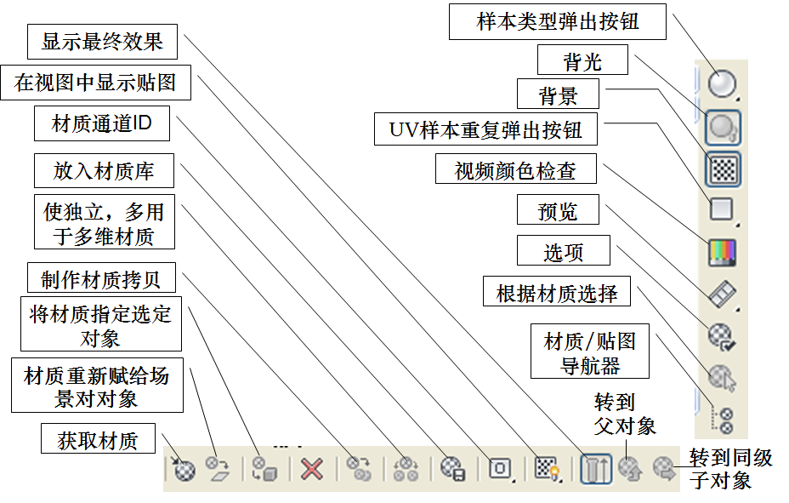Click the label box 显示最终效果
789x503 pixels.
pos(102,42)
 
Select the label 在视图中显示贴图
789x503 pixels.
pos(95,83)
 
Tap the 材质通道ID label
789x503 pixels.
pos(102,124)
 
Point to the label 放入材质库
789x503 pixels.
pos(104,171)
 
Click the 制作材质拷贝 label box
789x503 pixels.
pos(101,278)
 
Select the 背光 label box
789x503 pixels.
pos(582,61)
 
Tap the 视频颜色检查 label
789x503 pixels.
pos(515,170)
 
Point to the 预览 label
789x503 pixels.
pos(558,211)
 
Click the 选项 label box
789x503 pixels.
pos(564,253)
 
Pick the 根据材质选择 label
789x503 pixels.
pos(557,294)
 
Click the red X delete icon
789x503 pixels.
pos(312,468)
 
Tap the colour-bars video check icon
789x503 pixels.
pos(721,252)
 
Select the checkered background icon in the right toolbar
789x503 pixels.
pos(722,169)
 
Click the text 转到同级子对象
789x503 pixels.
pos(730,469)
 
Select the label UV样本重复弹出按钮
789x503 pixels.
pos(486,130)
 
